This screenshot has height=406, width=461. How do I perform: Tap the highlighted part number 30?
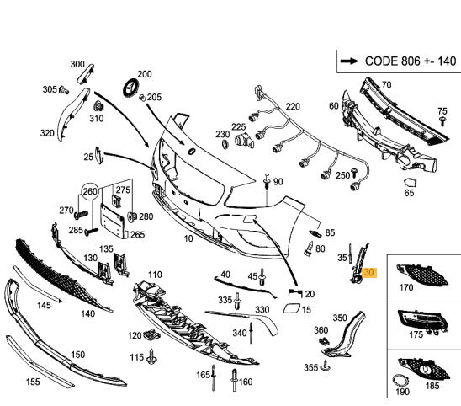(369, 273)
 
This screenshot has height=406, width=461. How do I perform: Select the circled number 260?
(90, 192)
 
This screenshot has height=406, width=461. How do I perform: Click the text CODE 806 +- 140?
(411, 61)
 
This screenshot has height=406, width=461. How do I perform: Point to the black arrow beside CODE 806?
(349, 61)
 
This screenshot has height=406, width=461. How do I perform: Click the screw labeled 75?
(442, 120)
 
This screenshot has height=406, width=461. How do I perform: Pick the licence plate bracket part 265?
(114, 220)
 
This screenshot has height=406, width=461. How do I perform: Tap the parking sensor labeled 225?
(244, 140)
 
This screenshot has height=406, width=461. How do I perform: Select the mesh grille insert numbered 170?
(422, 275)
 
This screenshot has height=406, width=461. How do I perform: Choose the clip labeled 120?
(151, 334)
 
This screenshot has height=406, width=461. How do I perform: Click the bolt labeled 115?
(151, 356)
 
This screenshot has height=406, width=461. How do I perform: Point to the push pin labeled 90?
(267, 181)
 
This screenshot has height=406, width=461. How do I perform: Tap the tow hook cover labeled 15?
(292, 308)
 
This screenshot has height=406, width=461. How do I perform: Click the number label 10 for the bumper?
(188, 238)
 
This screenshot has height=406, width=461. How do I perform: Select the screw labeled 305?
(64, 90)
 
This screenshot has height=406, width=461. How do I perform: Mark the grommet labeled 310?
(98, 108)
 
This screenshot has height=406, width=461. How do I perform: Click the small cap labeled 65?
(411, 183)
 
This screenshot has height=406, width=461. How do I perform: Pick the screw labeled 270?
(81, 215)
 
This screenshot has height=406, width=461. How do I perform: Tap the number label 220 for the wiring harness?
(293, 106)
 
